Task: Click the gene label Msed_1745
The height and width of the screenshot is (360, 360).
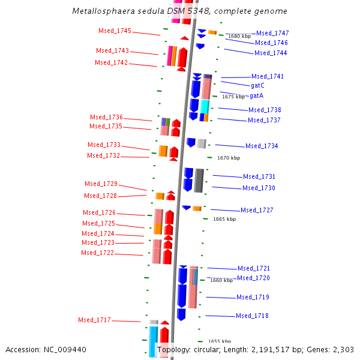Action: [x=115, y=31]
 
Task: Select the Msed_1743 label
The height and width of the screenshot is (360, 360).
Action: [x=112, y=51]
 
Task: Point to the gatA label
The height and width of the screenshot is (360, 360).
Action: [x=256, y=95]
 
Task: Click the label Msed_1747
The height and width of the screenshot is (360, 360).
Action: [x=272, y=33]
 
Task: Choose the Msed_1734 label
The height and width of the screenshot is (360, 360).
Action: [x=262, y=146]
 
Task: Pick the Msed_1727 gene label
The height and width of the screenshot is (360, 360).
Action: [x=257, y=210]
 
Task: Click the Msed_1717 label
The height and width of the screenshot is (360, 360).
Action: [x=94, y=320]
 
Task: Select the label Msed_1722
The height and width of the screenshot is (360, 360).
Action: [x=97, y=253]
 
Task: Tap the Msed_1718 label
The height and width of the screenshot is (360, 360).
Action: [x=252, y=316]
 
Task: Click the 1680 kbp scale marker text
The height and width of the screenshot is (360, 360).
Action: [x=239, y=37]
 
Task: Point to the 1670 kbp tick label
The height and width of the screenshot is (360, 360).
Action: [x=228, y=158]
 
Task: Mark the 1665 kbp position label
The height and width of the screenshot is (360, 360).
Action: [x=224, y=219]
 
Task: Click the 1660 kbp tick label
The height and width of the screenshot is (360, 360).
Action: [x=221, y=280]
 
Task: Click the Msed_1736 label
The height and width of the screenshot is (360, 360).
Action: [x=106, y=117]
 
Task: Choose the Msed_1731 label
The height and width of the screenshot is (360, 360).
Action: [x=259, y=176]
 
